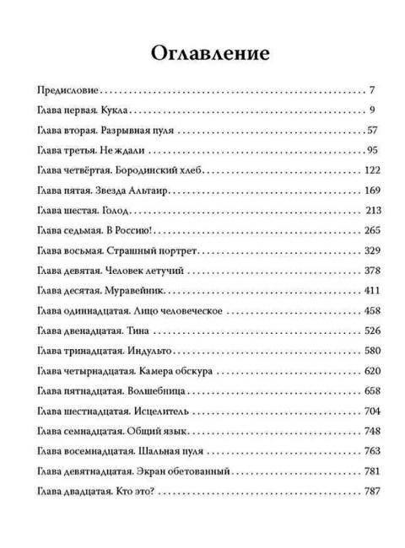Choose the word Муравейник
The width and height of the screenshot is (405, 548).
135,292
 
